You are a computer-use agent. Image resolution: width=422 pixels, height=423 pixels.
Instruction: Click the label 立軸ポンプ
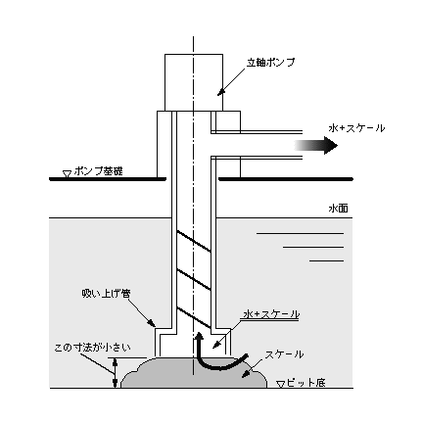270,63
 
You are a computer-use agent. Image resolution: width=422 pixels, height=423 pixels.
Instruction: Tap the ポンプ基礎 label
99,171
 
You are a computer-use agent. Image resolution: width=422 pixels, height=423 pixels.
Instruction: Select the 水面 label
338,209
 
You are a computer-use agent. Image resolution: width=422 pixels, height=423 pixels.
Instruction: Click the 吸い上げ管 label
106,294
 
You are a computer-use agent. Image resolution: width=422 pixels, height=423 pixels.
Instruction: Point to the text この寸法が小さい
92,348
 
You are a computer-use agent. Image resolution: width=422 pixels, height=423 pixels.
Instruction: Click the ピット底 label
305,383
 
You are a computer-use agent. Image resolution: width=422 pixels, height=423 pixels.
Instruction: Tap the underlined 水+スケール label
271,314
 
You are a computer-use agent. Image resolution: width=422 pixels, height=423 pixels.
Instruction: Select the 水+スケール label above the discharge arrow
356,128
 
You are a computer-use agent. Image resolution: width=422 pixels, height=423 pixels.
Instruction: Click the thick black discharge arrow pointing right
315,145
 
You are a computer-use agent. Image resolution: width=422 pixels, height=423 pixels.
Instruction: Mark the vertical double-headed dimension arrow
115,373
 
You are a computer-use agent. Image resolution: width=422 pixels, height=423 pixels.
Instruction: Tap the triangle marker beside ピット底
280,385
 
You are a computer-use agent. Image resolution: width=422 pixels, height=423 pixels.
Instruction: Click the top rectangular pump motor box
194,82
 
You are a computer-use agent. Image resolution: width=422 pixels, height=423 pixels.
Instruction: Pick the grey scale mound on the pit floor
194,373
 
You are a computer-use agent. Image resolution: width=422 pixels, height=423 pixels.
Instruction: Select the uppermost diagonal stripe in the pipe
194,241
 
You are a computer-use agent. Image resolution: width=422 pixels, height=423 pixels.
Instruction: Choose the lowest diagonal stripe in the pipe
194,317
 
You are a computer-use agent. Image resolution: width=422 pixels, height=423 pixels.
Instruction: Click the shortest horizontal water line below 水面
326,260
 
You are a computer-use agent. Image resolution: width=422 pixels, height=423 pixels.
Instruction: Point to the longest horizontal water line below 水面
300,234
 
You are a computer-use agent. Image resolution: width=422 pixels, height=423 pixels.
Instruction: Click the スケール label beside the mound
284,354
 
